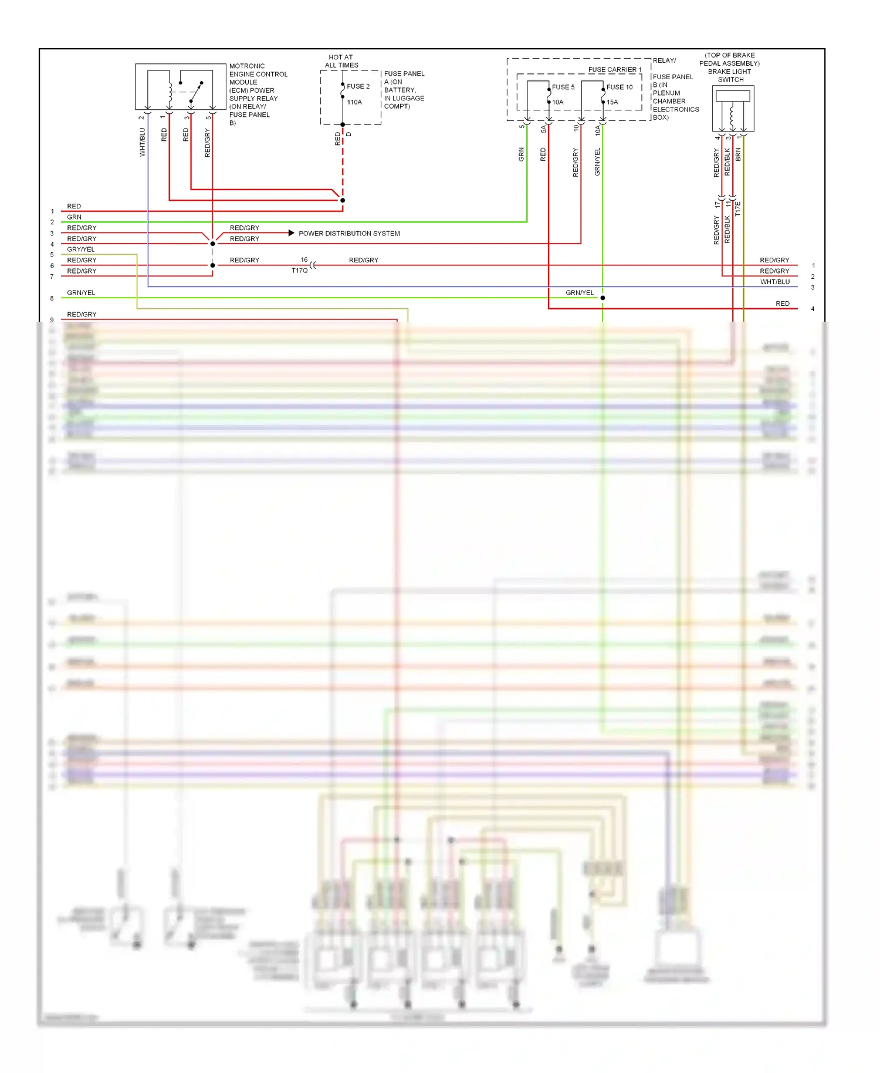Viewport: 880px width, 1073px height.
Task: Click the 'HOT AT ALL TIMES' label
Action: coord(341,61)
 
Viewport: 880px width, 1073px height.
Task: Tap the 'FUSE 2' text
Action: coord(358,86)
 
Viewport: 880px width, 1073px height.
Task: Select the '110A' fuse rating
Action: coord(354,102)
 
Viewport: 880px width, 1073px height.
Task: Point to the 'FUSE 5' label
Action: coord(563,87)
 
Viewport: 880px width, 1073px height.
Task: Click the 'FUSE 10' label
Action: coord(620,87)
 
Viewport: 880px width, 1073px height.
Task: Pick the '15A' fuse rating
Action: coord(612,102)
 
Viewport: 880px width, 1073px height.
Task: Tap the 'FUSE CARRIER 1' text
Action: coord(615,70)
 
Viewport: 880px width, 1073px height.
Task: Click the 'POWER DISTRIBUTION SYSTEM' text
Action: coord(349,234)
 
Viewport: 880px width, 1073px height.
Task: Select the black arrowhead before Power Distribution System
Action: coord(291,233)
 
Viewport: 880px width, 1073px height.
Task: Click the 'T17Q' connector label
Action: coord(299,271)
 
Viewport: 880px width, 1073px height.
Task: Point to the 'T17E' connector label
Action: coord(738,209)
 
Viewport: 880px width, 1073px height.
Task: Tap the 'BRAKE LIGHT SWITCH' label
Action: coord(730,76)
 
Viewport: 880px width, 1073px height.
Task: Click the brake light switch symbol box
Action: coord(733,109)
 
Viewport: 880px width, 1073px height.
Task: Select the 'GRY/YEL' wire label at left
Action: coord(81,249)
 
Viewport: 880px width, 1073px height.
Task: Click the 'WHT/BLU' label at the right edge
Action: coord(775,282)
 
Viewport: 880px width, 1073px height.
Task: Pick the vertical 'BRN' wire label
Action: coord(738,154)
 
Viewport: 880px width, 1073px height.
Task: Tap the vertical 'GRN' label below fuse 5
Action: coord(521,154)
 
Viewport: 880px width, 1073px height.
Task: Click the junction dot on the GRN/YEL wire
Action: coord(603,298)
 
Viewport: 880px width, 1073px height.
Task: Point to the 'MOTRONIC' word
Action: coord(247,66)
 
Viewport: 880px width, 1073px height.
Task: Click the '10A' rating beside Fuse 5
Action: coord(557,102)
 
